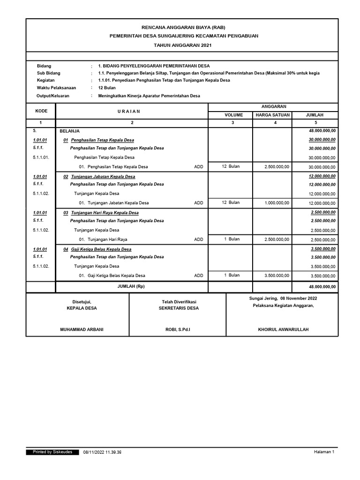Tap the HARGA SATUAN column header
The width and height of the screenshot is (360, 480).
273,115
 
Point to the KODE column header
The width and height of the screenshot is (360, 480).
41,111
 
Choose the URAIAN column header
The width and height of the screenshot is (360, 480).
132,111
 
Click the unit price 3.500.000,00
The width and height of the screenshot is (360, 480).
277,276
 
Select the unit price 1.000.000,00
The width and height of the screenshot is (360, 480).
277,202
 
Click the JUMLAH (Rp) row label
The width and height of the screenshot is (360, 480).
132,286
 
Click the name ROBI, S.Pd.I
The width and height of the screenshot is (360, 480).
177,330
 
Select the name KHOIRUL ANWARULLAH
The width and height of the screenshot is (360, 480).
283,330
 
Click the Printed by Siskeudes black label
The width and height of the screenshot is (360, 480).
52,452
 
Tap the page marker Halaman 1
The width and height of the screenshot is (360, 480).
324,452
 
